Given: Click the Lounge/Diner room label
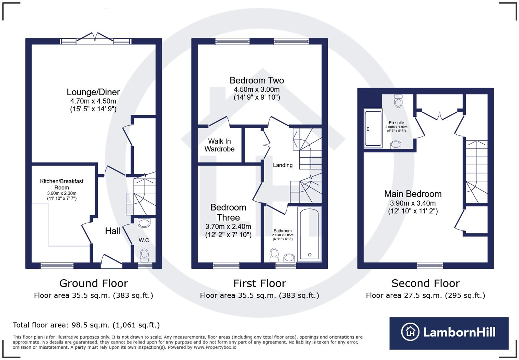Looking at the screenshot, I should point(93,92).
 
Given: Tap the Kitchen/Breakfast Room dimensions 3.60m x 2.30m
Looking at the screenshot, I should point(62,193).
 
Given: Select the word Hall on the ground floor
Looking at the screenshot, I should point(112,231).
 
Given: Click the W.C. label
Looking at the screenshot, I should point(145,240).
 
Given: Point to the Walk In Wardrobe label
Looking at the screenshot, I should point(219,145).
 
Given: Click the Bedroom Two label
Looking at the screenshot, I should point(257,80).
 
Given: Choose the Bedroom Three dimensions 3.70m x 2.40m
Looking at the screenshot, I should point(228,227).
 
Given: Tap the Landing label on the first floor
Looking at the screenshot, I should point(282,165).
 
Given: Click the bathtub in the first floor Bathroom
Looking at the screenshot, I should point(309,234).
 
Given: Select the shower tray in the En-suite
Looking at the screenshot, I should point(373,128).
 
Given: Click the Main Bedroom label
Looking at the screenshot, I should point(413,194).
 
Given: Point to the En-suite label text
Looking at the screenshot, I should point(396,123).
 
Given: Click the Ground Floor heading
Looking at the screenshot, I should point(93,283).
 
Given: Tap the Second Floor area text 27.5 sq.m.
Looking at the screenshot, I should point(425,295).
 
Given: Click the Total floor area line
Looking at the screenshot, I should point(86,325).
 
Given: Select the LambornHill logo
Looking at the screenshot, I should point(449,333).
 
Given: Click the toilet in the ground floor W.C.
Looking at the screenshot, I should point(145,255).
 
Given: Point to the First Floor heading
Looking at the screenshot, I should point(259,283).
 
